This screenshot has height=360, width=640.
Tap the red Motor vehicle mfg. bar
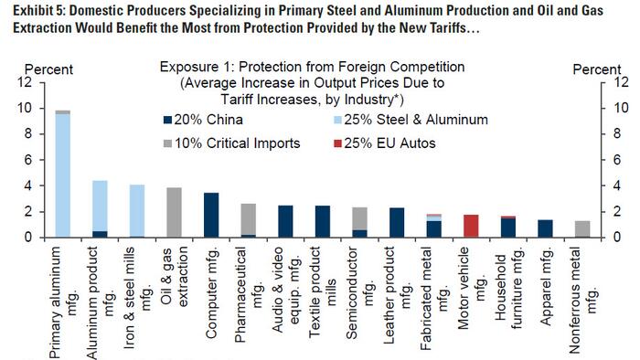[x=473, y=226]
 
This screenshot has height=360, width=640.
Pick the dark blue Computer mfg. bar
[x=210, y=216]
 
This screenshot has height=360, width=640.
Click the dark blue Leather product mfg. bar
[x=398, y=222]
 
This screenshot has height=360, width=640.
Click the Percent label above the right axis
[x=596, y=69]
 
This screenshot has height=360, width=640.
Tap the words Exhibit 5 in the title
[x=34, y=10]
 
